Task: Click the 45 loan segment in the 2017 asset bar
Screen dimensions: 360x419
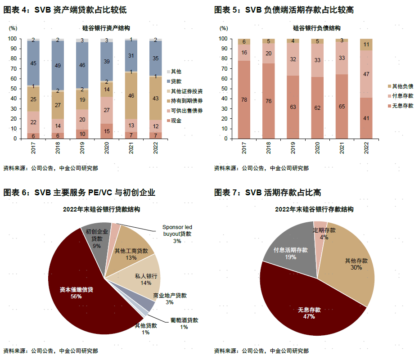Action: click(x=33, y=63)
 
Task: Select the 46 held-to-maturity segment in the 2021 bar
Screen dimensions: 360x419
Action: click(x=131, y=95)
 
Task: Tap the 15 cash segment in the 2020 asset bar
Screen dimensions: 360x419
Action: click(x=107, y=131)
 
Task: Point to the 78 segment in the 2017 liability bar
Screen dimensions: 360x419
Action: click(x=244, y=99)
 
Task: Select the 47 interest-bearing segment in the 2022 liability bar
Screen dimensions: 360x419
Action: click(x=366, y=74)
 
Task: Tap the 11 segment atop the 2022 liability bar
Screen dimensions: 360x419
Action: click(x=366, y=45)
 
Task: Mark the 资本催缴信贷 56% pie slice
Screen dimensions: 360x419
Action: click(x=77, y=292)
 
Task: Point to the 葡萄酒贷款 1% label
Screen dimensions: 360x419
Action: click(x=184, y=324)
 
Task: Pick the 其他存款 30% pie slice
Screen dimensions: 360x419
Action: click(x=353, y=265)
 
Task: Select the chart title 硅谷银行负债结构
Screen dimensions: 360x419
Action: click(x=316, y=28)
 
